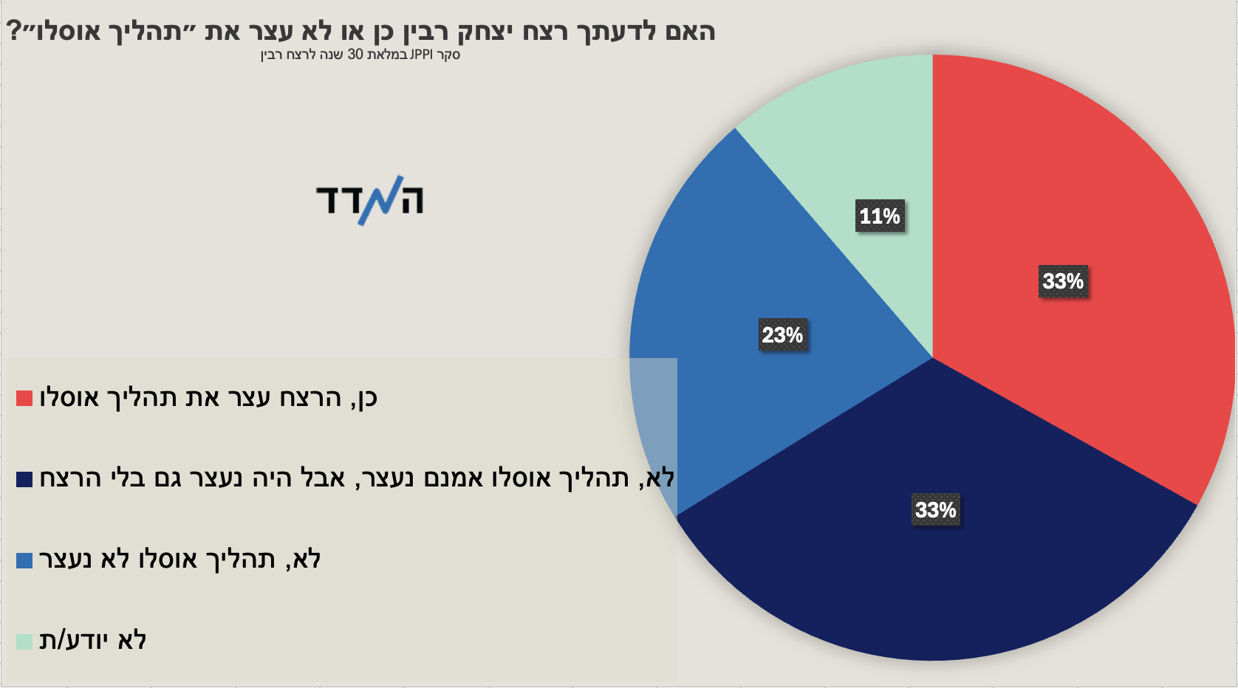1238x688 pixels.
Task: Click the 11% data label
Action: (x=880, y=216)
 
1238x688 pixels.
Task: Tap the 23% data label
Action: (x=782, y=334)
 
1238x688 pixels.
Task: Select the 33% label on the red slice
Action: (x=1063, y=281)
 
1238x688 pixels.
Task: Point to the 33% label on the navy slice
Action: (x=936, y=509)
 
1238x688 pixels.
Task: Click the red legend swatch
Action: (x=24, y=398)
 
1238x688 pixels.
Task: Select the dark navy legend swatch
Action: (x=24, y=479)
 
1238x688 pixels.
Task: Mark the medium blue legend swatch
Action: (x=24, y=560)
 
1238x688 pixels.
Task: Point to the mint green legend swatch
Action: (x=24, y=641)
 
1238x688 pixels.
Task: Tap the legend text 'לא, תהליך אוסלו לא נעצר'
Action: (x=180, y=560)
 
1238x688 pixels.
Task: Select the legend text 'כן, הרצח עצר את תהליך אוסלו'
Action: (x=208, y=398)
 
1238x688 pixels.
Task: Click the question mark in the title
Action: (x=13, y=31)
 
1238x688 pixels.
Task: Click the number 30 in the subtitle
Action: (x=355, y=55)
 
